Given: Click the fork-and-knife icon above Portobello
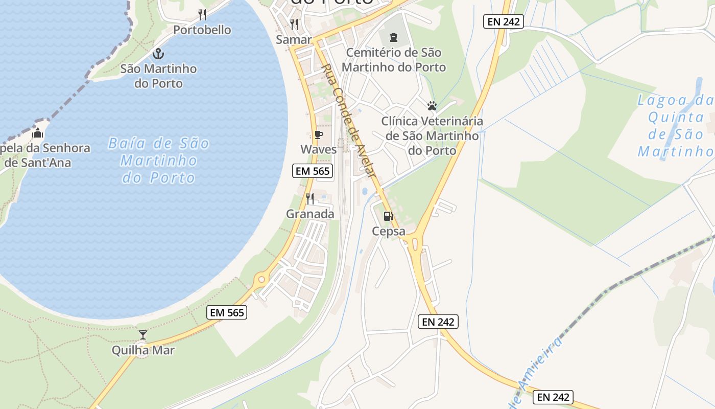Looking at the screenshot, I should click(x=202, y=14).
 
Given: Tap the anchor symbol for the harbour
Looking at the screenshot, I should click(x=158, y=54).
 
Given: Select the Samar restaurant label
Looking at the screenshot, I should click(x=294, y=39).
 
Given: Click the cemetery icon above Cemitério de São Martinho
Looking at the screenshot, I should click(x=393, y=37).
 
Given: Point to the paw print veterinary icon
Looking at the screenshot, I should click(x=432, y=106).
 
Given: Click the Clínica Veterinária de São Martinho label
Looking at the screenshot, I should click(x=432, y=136).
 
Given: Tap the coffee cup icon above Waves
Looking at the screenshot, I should click(x=318, y=135).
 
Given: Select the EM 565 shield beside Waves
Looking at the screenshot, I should click(x=313, y=171).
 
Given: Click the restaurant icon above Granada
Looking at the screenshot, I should click(x=310, y=199).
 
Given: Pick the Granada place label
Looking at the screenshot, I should click(x=310, y=214).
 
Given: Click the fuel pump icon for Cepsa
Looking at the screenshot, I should click(x=388, y=216).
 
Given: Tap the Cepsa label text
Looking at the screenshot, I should click(x=388, y=231).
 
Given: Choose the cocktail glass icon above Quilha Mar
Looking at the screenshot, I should click(x=143, y=335).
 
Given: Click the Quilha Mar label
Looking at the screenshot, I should click(x=143, y=350).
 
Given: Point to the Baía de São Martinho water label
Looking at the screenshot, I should click(x=158, y=161).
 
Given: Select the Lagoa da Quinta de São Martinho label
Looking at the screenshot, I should click(x=676, y=126).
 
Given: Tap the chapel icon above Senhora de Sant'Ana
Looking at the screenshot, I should click(x=37, y=134).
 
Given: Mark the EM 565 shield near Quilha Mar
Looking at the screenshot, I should click(x=227, y=312).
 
